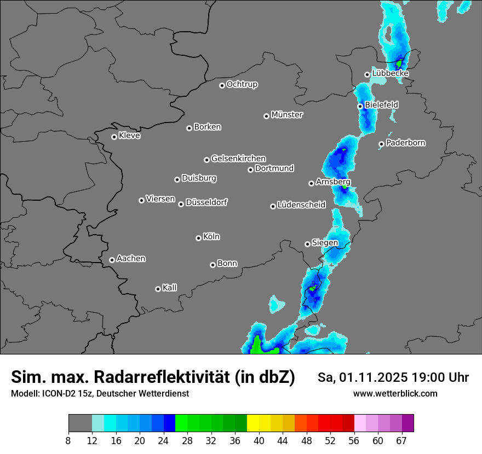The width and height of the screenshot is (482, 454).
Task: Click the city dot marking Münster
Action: (266, 116)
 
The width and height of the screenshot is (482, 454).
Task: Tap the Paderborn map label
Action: (405, 143)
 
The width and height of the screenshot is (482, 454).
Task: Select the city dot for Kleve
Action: (114, 137)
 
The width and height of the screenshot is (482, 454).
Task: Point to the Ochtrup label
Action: (242, 84)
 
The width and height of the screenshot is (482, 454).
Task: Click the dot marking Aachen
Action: (112, 260)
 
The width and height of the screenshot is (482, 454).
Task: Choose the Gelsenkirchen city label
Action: (238, 159)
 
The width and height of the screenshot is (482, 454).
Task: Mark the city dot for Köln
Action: (198, 238)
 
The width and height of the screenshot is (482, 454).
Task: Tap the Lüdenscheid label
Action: (301, 205)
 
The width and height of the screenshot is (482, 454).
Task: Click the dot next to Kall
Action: (158, 289)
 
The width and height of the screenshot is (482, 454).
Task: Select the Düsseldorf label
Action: (206, 202)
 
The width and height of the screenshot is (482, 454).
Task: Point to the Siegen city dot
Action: (307, 244)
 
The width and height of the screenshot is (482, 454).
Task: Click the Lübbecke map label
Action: (390, 73)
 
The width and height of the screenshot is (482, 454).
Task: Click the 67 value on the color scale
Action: (401, 440)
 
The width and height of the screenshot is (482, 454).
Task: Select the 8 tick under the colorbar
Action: (68, 440)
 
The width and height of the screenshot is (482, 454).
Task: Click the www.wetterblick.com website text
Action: (395, 393)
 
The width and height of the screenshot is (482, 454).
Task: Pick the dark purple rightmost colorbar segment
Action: (408, 423)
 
